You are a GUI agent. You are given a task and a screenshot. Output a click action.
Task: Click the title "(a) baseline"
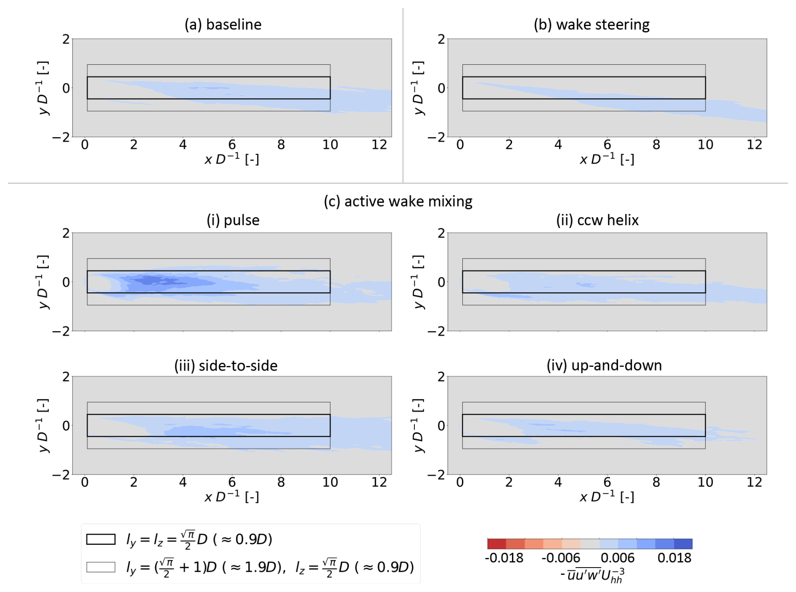point(223,24)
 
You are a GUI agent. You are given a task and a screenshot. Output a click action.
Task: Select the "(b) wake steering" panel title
point(592,24)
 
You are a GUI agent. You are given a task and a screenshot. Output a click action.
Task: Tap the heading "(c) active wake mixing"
point(398,201)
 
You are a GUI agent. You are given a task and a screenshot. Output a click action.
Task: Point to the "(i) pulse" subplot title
point(233,220)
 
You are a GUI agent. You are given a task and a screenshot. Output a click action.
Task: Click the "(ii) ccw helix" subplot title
point(597,220)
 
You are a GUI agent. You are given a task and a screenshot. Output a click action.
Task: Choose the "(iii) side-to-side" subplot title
point(226,365)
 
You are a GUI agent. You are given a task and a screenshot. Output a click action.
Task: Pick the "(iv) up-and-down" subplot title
point(604,365)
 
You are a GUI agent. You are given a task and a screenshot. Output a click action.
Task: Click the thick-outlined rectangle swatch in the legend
point(101,539)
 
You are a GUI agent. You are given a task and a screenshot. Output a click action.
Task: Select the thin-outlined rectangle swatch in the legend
point(101,567)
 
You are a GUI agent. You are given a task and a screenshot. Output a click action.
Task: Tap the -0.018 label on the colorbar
point(504,558)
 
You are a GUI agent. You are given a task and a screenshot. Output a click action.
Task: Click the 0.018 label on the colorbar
point(674,558)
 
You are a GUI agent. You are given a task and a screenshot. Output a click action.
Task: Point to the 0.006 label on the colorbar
point(618,558)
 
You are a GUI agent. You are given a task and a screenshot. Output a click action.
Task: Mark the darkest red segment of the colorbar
point(497,544)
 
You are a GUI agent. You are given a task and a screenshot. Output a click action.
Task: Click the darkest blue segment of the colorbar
point(683,544)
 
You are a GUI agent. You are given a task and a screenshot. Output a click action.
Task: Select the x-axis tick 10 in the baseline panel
point(330,145)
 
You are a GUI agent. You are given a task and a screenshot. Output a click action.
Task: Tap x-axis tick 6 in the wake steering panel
point(607,145)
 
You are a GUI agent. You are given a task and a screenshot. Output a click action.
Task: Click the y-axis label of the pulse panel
point(43,281)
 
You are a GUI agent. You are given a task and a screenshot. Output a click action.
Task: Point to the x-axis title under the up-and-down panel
point(607,497)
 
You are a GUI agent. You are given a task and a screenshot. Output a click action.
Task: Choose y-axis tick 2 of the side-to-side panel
point(66,377)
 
